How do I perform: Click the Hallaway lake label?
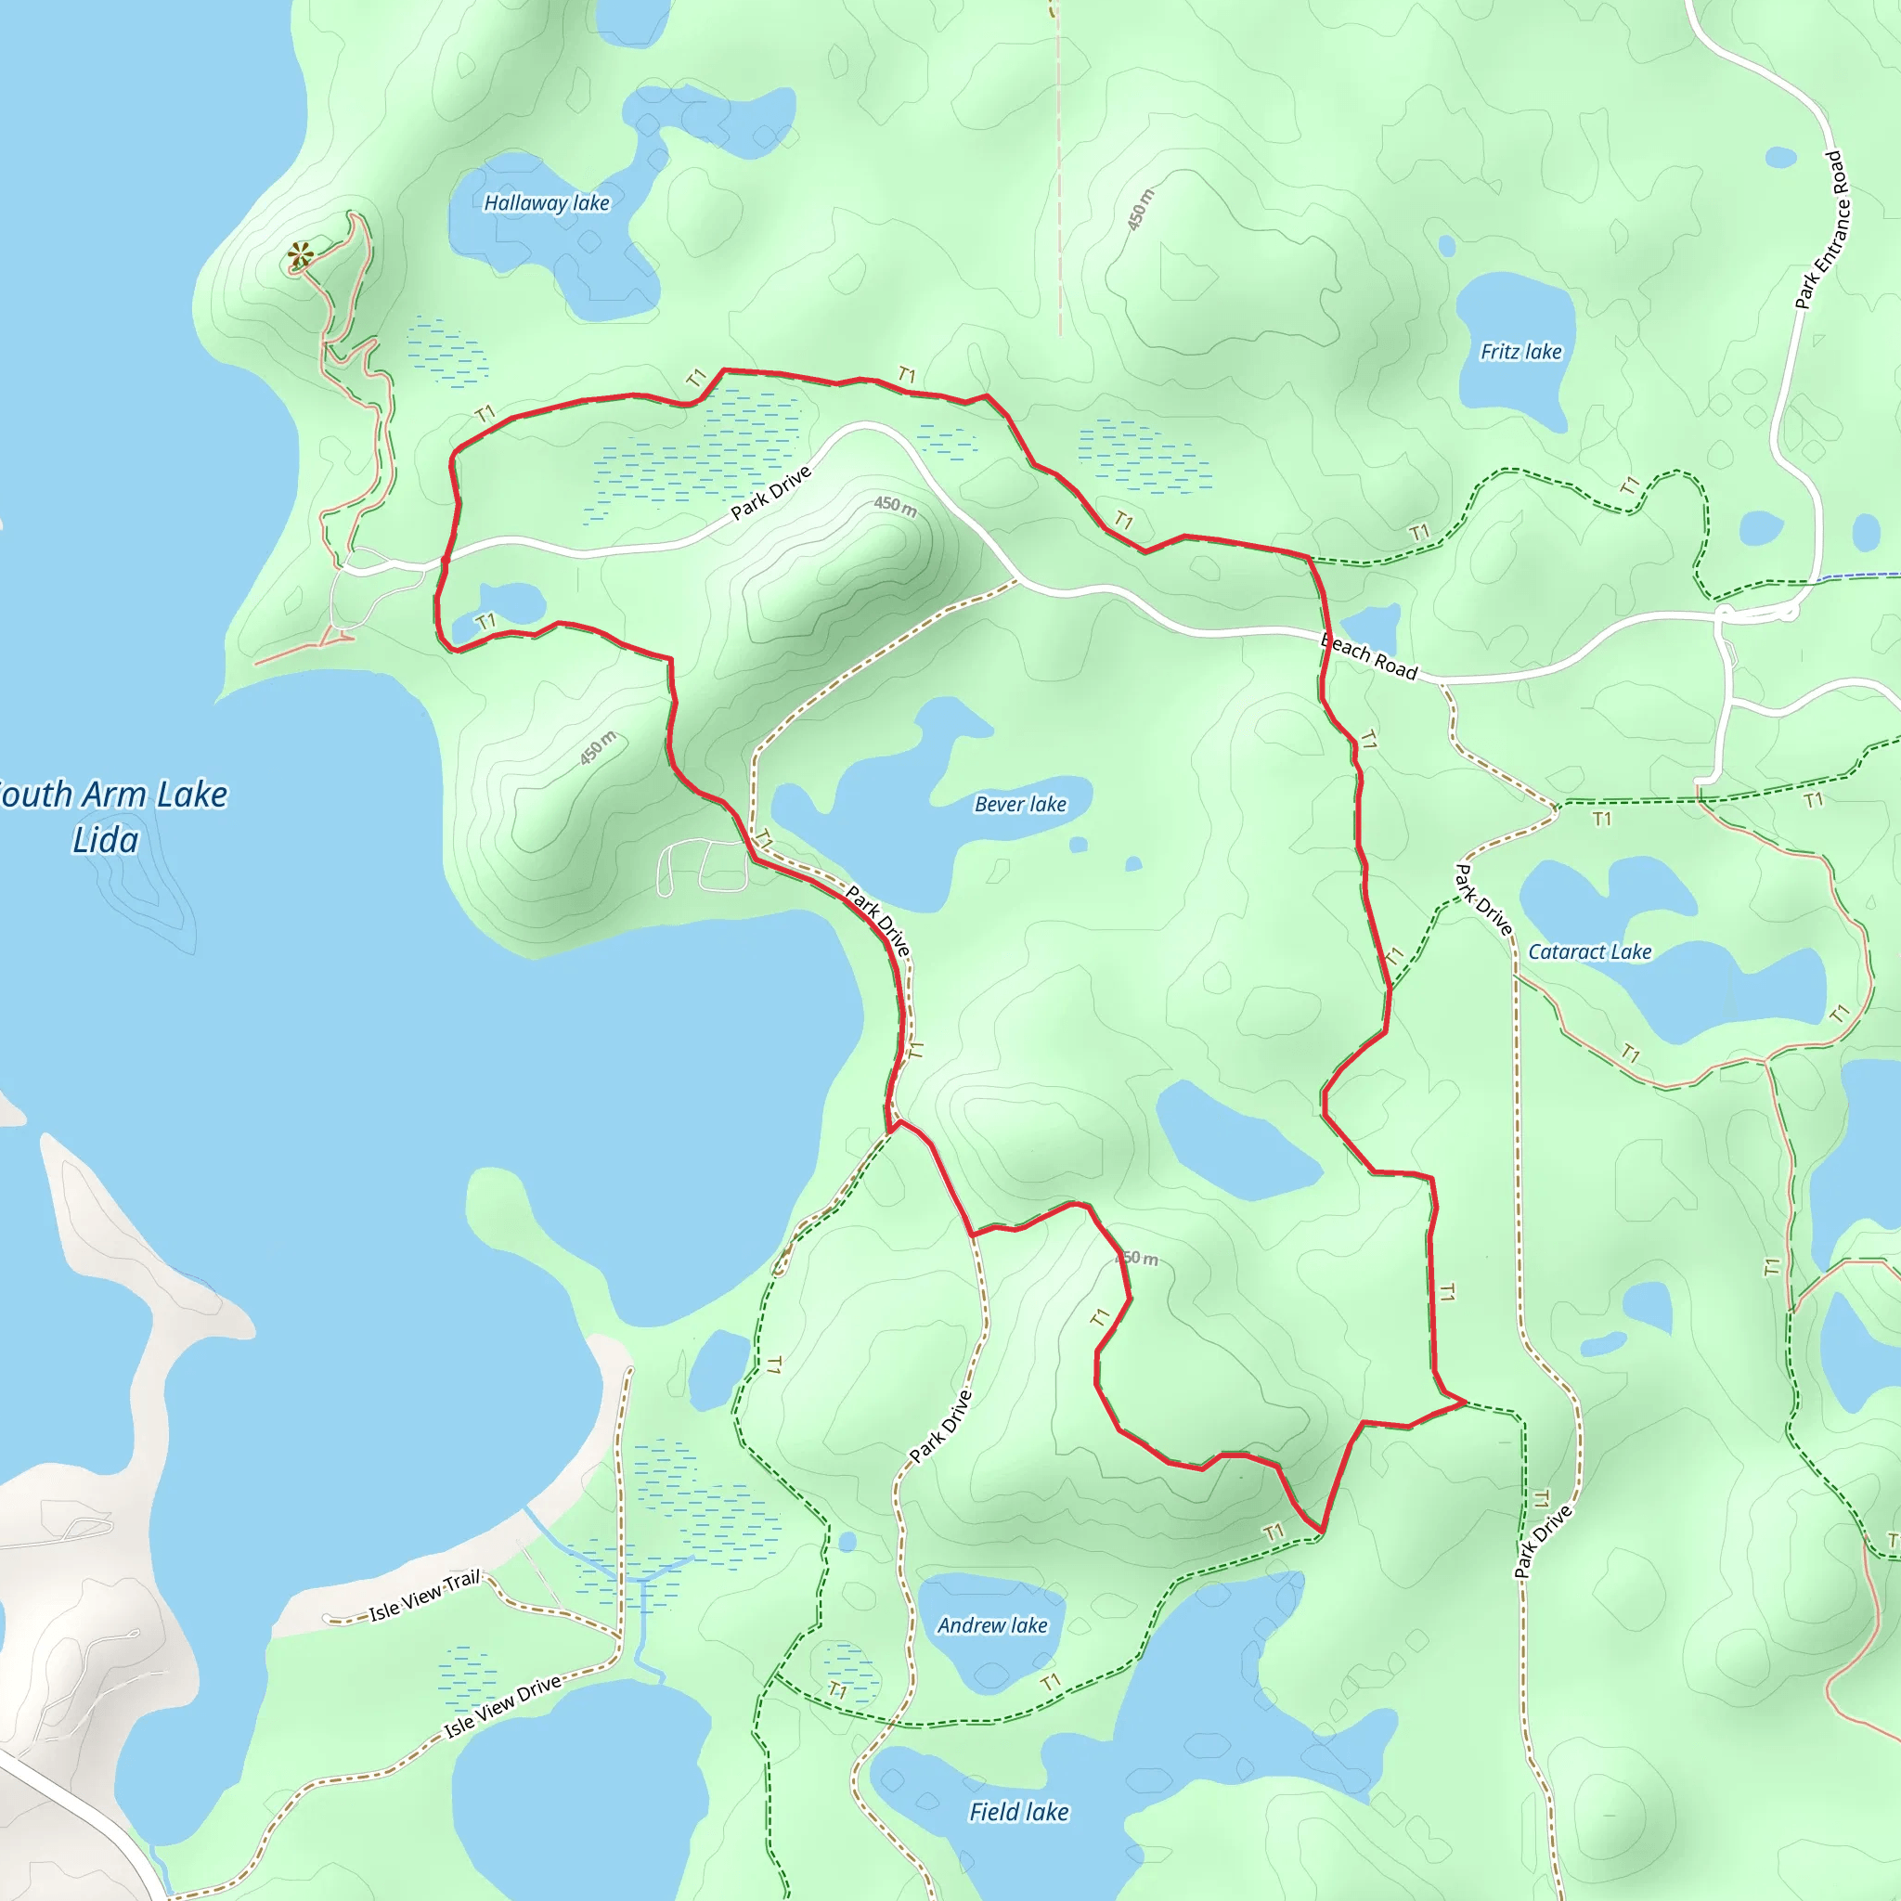546,202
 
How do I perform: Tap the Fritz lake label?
1520,351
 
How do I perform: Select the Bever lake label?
1019,804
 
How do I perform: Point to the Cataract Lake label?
1589,951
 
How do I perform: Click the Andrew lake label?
992,1624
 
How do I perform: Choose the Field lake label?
1018,1812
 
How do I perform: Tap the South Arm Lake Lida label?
109,817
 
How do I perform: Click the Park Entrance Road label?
1821,230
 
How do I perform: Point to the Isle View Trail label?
424,1596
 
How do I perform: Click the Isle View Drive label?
502,1707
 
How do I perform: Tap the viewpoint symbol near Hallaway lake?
300,257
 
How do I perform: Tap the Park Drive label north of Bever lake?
770,492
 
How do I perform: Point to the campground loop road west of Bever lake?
701,866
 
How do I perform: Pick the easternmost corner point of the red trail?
1466,1401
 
